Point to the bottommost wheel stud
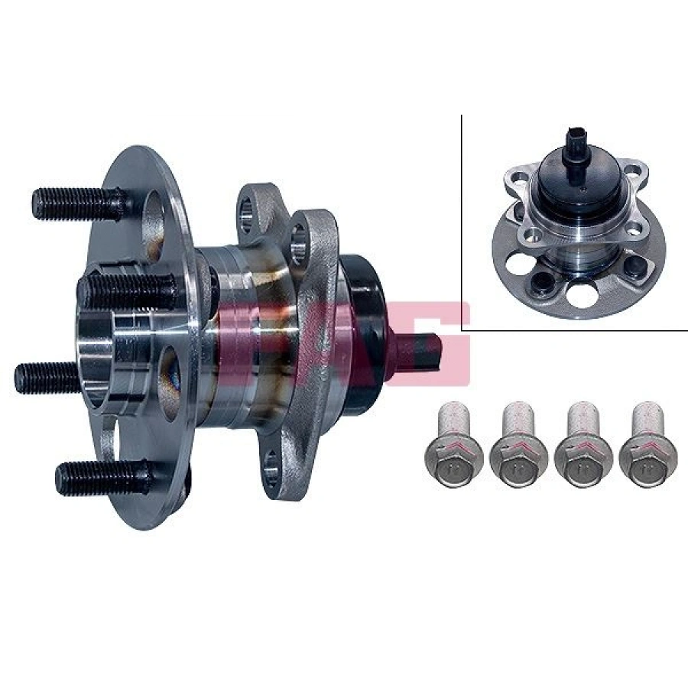coord(99,475)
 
